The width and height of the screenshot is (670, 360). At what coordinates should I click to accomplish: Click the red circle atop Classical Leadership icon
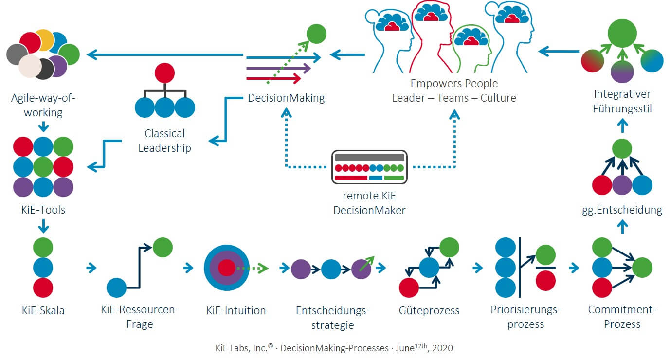tap(164, 73)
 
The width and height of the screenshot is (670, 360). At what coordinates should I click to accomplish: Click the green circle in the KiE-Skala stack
tap(43, 247)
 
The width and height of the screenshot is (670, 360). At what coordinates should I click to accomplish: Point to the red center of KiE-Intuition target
tap(226, 268)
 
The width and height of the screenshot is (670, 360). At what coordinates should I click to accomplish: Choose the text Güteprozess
tap(428, 310)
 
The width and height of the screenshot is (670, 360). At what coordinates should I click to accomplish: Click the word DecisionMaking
tap(286, 98)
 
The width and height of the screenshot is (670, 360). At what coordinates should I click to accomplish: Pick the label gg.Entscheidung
tap(622, 210)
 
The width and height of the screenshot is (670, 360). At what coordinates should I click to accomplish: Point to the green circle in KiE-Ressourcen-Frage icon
tap(163, 247)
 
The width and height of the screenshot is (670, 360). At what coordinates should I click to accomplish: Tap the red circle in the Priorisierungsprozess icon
tap(545, 280)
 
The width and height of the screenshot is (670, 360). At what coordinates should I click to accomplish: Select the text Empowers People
tap(454, 83)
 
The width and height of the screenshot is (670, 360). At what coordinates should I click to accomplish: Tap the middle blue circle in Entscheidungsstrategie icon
tap(331, 269)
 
